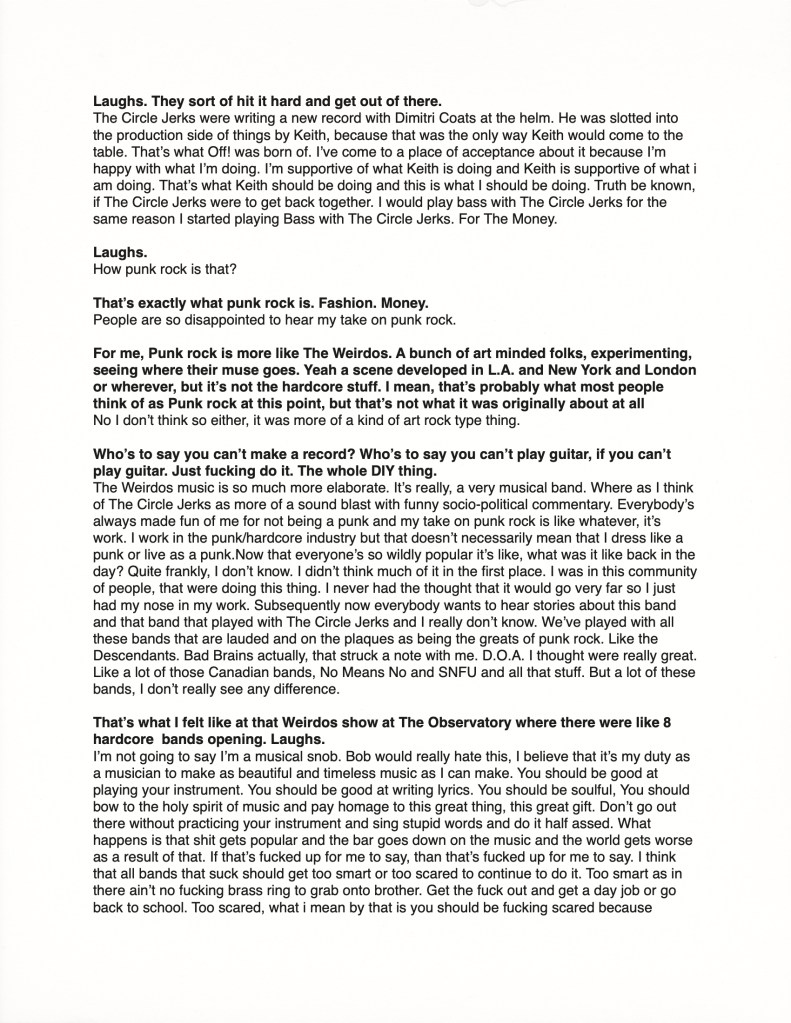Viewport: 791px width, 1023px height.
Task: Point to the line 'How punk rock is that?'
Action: [x=167, y=270]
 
